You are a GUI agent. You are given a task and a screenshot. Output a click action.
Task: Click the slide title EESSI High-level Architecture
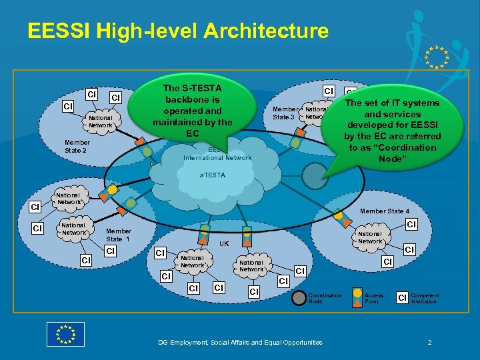coord(178,31)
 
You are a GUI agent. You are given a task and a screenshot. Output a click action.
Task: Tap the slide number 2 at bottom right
coord(429,343)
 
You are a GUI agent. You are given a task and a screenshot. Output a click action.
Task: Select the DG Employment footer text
coord(240,343)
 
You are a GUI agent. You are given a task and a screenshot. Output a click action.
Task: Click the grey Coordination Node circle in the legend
coord(299,295)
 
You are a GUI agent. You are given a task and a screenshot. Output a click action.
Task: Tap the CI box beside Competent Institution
coord(402,296)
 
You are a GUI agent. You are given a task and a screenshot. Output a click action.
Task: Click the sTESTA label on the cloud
coord(213,175)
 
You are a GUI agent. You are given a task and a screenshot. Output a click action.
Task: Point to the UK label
coord(224,243)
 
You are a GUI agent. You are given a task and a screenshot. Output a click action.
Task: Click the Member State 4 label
coord(385,211)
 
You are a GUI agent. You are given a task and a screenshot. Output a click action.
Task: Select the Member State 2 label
coord(77,146)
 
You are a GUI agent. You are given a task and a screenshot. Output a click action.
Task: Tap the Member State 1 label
coord(118,235)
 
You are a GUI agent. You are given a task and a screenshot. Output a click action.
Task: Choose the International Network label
coord(217,158)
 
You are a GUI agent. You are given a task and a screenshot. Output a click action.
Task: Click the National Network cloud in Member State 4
coord(371,237)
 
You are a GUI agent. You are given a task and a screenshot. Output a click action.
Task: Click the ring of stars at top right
coord(437,57)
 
